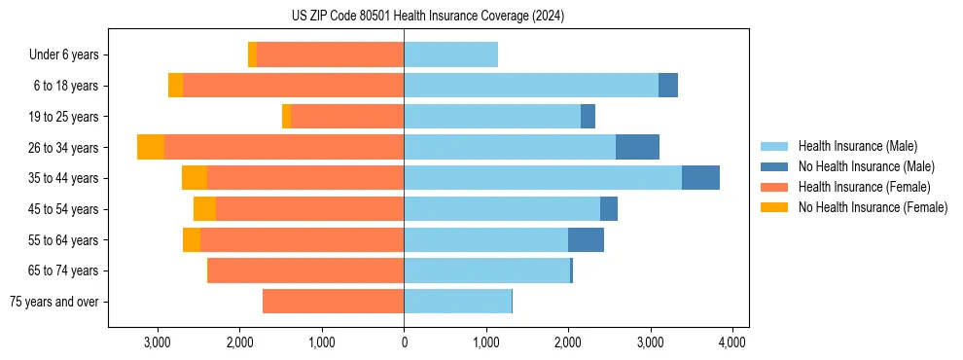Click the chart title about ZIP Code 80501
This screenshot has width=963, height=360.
[428, 17]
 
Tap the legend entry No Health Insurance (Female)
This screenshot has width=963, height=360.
[873, 207]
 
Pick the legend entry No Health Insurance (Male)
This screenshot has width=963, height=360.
[866, 166]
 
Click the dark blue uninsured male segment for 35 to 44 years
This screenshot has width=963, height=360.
[700, 178]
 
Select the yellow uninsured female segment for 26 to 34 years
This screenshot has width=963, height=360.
[151, 147]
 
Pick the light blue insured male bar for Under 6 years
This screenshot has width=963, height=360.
[450, 54]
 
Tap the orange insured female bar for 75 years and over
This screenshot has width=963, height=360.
[333, 302]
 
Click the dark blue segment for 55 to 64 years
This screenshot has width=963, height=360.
[586, 239]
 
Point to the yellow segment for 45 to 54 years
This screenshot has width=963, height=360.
[204, 209]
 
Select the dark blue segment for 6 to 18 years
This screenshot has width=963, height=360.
[668, 86]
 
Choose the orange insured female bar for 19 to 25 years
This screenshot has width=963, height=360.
[347, 117]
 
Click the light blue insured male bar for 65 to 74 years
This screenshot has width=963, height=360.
[486, 270]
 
